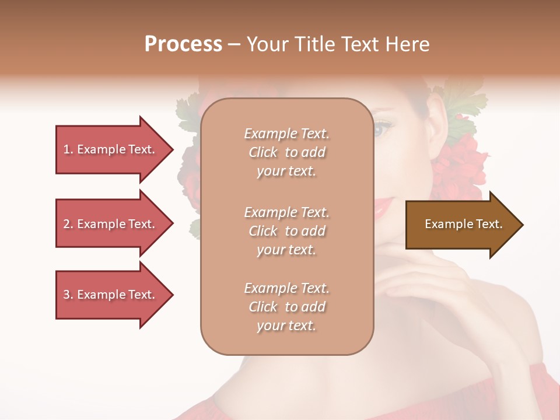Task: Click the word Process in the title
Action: [183, 44]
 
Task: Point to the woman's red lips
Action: [385, 205]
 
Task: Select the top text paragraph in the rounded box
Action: [286, 152]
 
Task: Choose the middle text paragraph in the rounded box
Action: [286, 231]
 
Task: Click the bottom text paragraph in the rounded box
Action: [286, 307]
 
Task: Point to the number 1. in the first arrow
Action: [68, 149]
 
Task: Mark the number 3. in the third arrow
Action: [68, 295]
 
